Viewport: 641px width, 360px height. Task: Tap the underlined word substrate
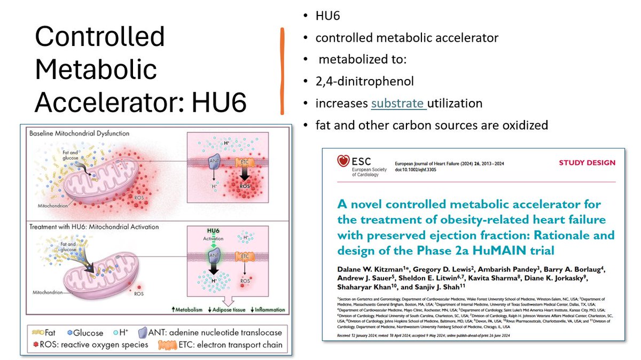coord(398,103)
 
